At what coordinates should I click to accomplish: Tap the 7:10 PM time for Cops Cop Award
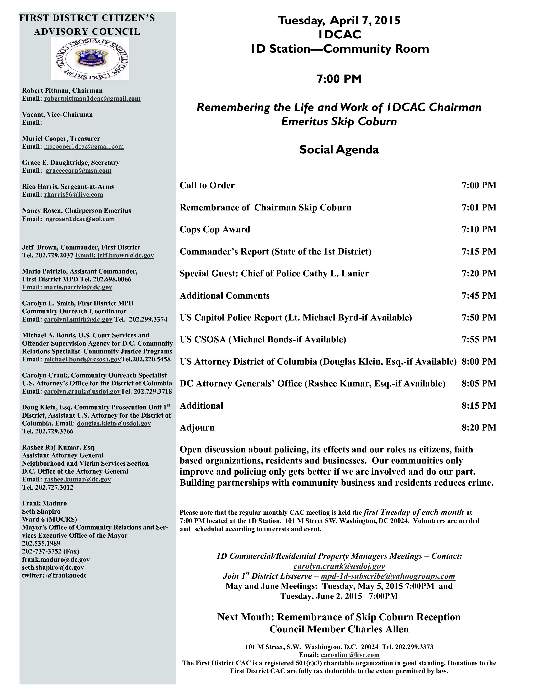[479, 229]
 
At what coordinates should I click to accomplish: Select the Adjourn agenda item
[197, 427]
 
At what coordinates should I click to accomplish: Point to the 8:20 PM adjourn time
[479, 427]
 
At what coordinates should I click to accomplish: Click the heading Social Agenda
[339, 149]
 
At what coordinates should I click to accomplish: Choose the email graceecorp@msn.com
[78, 171]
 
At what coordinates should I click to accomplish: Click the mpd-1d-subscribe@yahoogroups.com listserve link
[388, 576]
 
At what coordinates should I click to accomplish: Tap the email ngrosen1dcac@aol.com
[80, 219]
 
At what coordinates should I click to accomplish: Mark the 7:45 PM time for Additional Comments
[479, 296]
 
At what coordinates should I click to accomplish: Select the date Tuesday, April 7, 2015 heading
[339, 20]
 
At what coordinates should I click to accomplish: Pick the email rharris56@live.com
[74, 195]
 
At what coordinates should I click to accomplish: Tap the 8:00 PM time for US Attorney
[479, 362]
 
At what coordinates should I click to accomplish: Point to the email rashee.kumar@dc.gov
[77, 480]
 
